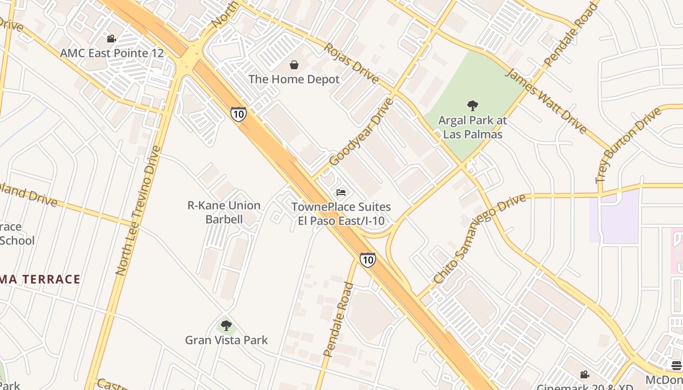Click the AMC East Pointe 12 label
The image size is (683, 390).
point(112,53)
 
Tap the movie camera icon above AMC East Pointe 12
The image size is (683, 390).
point(112,39)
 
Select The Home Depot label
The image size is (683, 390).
point(294,79)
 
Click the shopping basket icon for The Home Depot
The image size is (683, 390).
point(294,65)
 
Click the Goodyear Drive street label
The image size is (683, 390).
point(361,132)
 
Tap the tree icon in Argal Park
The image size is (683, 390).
point(472,105)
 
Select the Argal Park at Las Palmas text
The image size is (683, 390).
point(472,127)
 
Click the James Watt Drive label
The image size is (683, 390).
point(545,101)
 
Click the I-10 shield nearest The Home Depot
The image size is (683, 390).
point(239,114)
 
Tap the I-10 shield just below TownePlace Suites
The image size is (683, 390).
point(368,259)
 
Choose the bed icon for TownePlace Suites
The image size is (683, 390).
point(341,193)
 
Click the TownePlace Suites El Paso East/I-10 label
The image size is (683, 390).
point(341,214)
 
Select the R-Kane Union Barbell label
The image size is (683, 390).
point(224,212)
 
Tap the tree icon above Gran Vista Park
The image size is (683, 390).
point(226,325)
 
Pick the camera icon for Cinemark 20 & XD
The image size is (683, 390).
point(584,374)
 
